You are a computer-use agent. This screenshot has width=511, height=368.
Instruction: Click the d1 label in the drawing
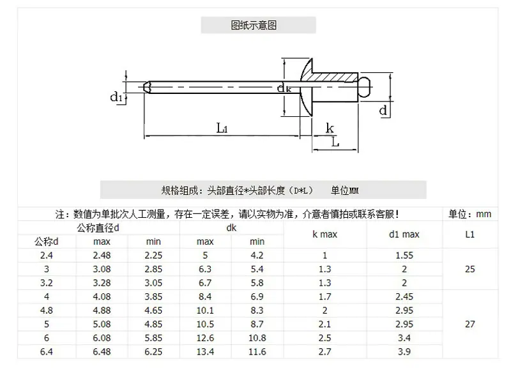pyautogui.click(x=116, y=97)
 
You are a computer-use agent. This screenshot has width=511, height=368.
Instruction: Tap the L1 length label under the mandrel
pyautogui.click(x=222, y=128)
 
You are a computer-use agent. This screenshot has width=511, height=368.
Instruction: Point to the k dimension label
pyautogui.click(x=330, y=128)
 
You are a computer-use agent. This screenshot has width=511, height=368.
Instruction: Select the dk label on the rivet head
pyautogui.click(x=284, y=88)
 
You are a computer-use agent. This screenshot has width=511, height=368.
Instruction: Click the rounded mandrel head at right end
pyautogui.click(x=365, y=87)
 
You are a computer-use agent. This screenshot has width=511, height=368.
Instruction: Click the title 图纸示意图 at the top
pyautogui.click(x=254, y=25)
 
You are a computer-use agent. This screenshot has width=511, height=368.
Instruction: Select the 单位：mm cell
pyautogui.click(x=469, y=214)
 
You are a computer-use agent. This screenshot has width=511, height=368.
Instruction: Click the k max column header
pyautogui.click(x=324, y=234)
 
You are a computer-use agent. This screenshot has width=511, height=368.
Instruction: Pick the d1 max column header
pyautogui.click(x=404, y=234)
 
